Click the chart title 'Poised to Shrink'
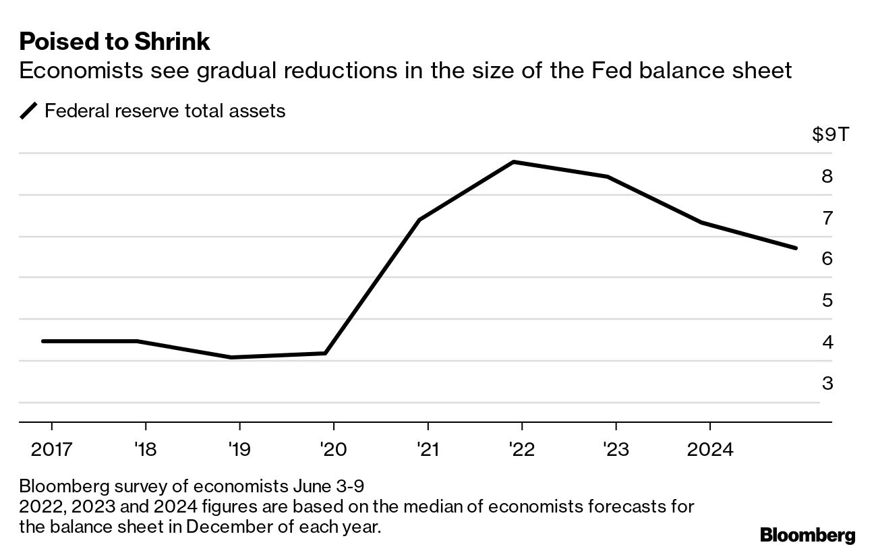(115, 42)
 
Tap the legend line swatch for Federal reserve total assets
(30, 111)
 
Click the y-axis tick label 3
(827, 383)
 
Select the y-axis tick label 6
(827, 258)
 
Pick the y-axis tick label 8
(827, 176)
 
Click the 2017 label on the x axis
(51, 448)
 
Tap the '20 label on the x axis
(333, 448)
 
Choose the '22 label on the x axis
(522, 448)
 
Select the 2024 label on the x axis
(709, 448)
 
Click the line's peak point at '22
(514, 162)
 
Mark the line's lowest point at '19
(231, 357)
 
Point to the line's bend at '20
(326, 353)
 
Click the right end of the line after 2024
(796, 248)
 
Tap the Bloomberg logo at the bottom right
(807, 535)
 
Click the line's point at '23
(608, 177)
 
